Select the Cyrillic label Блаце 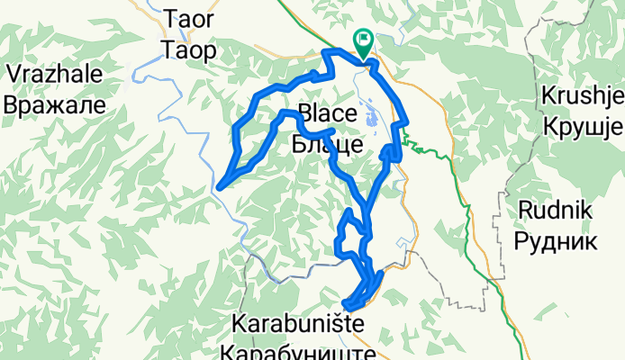[328, 142]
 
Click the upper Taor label [189, 18]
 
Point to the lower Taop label [189, 49]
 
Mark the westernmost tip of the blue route [219, 187]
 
